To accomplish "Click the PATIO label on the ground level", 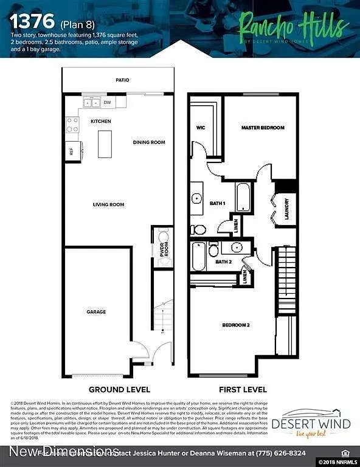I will [122, 80].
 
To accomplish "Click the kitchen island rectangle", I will [105, 144].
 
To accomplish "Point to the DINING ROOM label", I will [149, 142].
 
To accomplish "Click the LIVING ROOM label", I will [108, 205].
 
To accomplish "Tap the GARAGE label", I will [96, 312].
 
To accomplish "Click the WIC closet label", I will [201, 128].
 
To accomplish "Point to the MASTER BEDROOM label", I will [263, 128].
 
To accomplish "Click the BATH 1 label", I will [217, 203].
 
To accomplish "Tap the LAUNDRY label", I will [286, 209].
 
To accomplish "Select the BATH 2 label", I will [223, 262].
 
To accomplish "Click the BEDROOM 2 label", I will [236, 325].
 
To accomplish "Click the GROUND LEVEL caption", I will [120, 389].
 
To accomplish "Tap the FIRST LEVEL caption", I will [243, 389].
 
